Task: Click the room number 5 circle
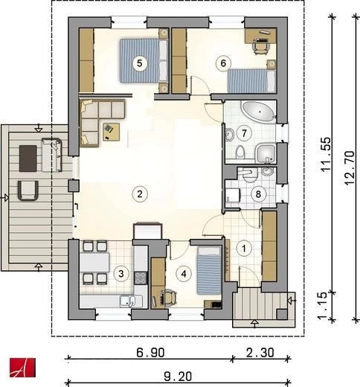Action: (x=140, y=63)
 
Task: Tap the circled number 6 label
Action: (x=223, y=63)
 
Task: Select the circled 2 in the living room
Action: (x=140, y=194)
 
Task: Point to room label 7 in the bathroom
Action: (x=244, y=133)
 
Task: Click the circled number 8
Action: (x=258, y=194)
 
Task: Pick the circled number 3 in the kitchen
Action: (x=121, y=274)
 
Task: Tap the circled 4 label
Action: (x=184, y=274)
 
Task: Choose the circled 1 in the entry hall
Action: (x=244, y=249)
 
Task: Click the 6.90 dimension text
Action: (x=150, y=353)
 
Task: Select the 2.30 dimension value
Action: (x=260, y=353)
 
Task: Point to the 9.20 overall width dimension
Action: (x=178, y=377)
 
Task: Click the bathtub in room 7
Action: (x=259, y=112)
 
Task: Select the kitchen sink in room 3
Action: (x=128, y=301)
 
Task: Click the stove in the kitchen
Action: (x=141, y=278)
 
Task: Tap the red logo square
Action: (x=22, y=368)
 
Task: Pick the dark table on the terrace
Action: (x=28, y=159)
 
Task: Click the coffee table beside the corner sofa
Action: (x=112, y=132)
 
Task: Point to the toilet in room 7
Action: (x=240, y=152)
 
